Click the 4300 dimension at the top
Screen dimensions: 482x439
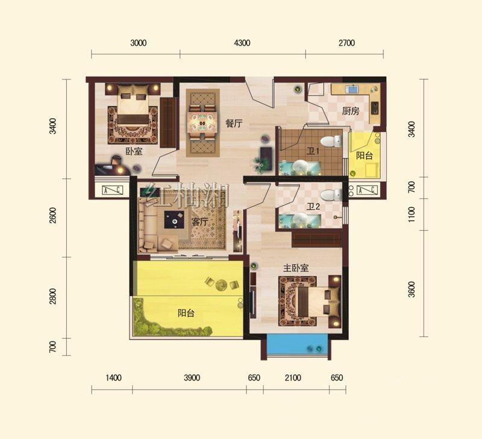pos(242,43)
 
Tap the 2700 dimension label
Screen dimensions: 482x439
pos(347,43)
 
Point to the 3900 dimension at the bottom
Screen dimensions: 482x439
pos(192,377)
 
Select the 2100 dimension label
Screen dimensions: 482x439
pos(293,377)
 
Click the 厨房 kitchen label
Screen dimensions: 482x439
pos(351,111)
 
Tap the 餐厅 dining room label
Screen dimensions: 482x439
pos(234,124)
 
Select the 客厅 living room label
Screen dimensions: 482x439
pos(200,221)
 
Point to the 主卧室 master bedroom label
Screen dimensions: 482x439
pos(296,268)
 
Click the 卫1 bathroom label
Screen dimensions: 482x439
pos(313,151)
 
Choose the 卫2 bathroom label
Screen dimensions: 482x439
pos(313,206)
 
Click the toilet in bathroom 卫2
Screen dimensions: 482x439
pos(331,195)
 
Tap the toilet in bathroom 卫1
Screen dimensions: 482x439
pos(331,141)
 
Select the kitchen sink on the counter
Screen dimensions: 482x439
pos(352,89)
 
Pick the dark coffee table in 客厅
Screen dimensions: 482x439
pos(174,219)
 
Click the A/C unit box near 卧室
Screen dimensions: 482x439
pos(112,190)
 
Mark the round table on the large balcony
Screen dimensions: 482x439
pos(221,285)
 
